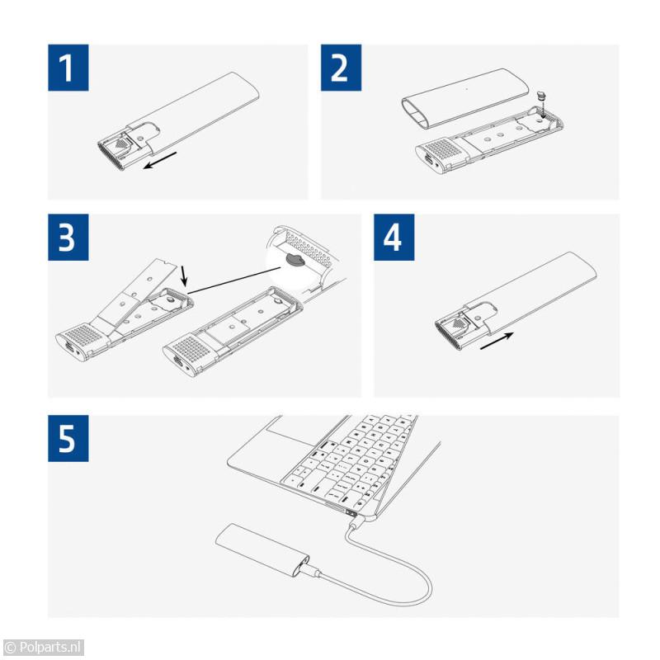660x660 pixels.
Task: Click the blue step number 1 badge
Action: pyautogui.click(x=68, y=68)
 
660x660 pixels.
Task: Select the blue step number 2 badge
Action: pyautogui.click(x=341, y=68)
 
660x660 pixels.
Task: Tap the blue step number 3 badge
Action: pyautogui.click(x=68, y=237)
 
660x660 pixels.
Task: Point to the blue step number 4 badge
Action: pyautogui.click(x=394, y=237)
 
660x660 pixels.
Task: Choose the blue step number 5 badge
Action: pyautogui.click(x=68, y=438)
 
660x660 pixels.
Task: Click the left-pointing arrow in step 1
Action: pyautogui.click(x=160, y=160)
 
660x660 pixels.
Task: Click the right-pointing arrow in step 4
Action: pyautogui.click(x=497, y=341)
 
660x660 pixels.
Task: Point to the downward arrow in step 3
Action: pyautogui.click(x=183, y=276)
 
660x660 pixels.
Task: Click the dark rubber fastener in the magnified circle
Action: pyautogui.click(x=296, y=260)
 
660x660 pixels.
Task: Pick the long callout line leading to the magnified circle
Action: pyautogui.click(x=234, y=280)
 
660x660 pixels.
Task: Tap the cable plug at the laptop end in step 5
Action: pyautogui.click(x=355, y=524)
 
